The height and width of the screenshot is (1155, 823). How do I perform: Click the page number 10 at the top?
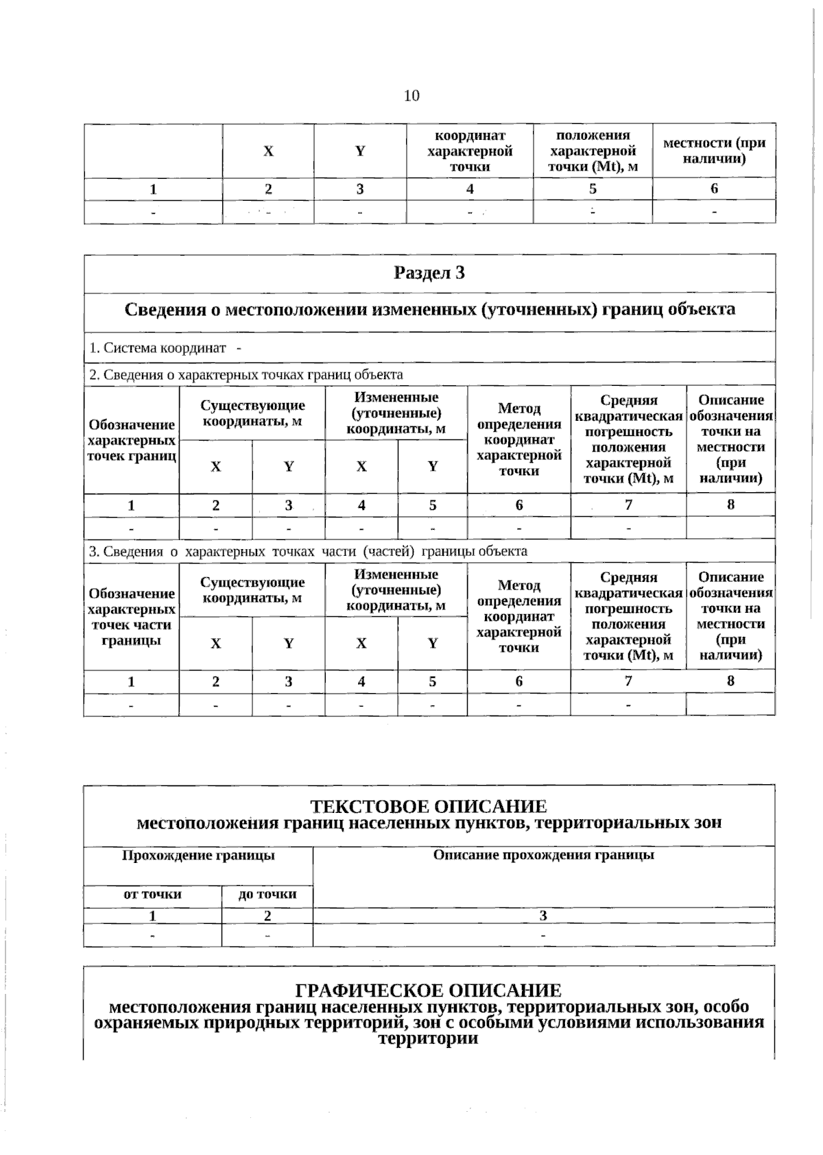tap(411, 95)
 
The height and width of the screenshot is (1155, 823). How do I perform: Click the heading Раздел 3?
tap(429, 273)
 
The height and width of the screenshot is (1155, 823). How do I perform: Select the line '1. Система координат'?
tap(158, 348)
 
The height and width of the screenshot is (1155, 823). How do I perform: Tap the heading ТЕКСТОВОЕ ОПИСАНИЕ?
tap(429, 806)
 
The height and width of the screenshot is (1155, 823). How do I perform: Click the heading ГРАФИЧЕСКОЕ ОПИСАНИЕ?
tap(428, 990)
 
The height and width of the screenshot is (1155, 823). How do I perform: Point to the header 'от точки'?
tap(152, 894)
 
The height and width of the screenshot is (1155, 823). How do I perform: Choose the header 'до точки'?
tap(267, 894)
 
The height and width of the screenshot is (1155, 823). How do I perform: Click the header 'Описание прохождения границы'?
tap(543, 855)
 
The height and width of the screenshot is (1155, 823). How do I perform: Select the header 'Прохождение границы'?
tap(198, 855)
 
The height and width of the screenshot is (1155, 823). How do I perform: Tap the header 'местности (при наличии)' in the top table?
tap(714, 151)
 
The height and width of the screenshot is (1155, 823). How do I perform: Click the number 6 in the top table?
tap(714, 189)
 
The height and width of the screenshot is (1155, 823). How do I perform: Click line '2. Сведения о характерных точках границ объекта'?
tap(246, 374)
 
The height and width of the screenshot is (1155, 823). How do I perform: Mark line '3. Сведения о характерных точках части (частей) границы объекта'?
tap(308, 551)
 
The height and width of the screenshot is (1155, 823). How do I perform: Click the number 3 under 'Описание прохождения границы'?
tap(543, 916)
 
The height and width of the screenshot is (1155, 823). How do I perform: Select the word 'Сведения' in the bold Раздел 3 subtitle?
tap(164, 309)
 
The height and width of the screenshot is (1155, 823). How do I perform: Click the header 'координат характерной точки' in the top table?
tap(470, 151)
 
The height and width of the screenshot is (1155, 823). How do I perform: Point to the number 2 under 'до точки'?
tap(267, 916)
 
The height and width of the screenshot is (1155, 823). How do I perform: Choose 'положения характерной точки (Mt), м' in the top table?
tap(593, 151)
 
